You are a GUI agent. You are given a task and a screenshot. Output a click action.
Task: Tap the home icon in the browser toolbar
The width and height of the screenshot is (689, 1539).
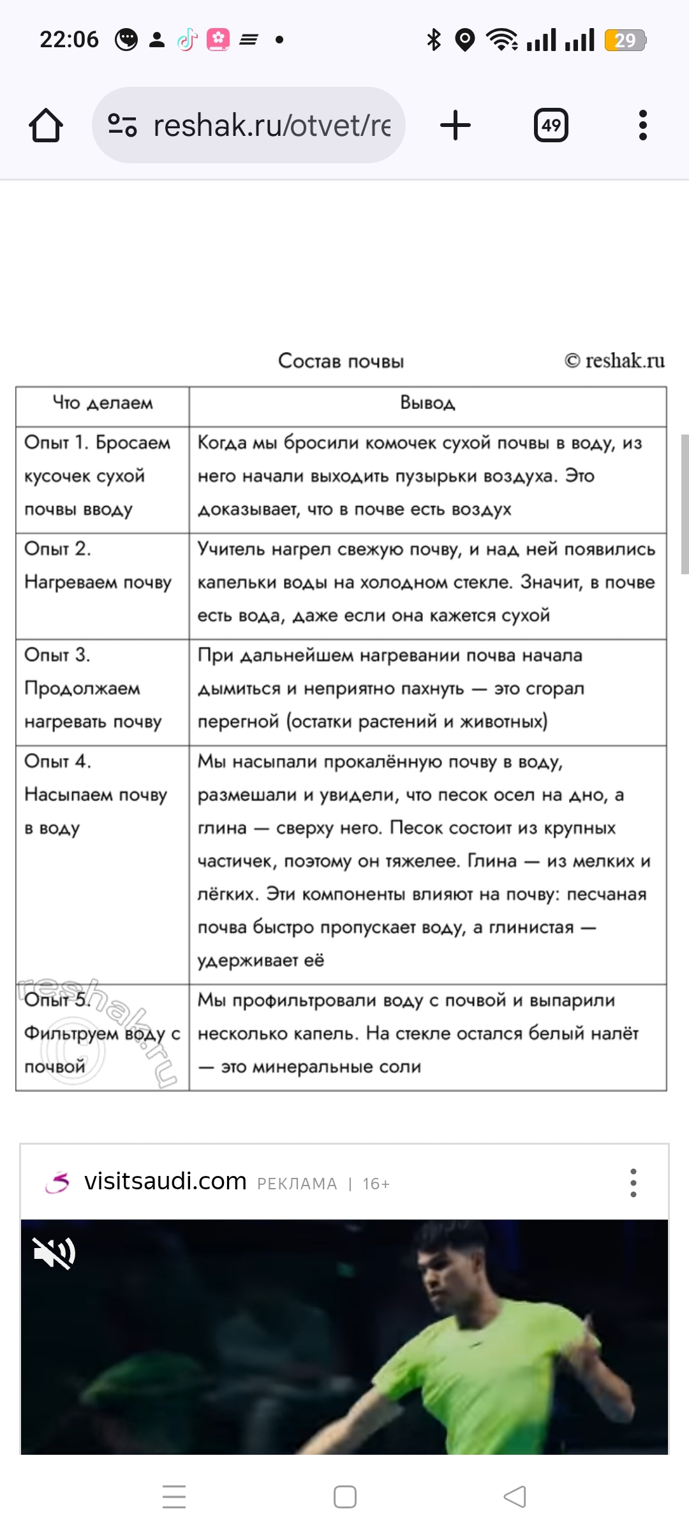[46, 125]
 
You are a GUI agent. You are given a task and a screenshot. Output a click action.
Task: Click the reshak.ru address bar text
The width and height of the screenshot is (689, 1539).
[271, 125]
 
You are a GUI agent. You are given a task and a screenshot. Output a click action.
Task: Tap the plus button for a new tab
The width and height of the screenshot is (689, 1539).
[456, 125]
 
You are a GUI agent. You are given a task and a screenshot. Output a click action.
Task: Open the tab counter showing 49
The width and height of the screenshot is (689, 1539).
[551, 125]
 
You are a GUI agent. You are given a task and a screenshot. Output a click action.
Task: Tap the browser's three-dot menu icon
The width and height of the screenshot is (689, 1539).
[642, 125]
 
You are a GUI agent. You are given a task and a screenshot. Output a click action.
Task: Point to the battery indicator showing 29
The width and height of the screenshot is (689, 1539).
[625, 40]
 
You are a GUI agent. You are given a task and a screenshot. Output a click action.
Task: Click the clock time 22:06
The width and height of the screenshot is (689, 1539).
[69, 40]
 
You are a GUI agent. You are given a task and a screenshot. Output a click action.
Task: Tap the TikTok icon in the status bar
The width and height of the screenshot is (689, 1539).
[187, 40]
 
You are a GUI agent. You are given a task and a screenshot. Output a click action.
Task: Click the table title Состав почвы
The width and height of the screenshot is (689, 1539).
[341, 361]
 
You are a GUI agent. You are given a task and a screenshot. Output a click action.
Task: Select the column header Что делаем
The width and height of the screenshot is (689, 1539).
[103, 403]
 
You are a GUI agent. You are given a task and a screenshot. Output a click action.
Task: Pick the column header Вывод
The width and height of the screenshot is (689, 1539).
[427, 403]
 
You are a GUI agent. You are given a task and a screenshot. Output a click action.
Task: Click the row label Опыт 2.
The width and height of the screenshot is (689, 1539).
[57, 549]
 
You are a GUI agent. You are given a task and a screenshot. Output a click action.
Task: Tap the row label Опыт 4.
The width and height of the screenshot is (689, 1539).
[57, 761]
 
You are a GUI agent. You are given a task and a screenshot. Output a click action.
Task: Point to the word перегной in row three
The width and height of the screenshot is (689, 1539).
[238, 722]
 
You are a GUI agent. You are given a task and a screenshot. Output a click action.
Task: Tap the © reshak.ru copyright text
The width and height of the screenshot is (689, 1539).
[614, 361]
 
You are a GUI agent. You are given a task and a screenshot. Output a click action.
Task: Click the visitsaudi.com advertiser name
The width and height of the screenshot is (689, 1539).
[165, 1181]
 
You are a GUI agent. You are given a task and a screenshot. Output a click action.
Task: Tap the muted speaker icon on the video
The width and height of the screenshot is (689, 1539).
[54, 1254]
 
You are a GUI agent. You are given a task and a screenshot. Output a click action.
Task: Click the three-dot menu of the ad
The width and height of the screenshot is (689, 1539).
[633, 1183]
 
